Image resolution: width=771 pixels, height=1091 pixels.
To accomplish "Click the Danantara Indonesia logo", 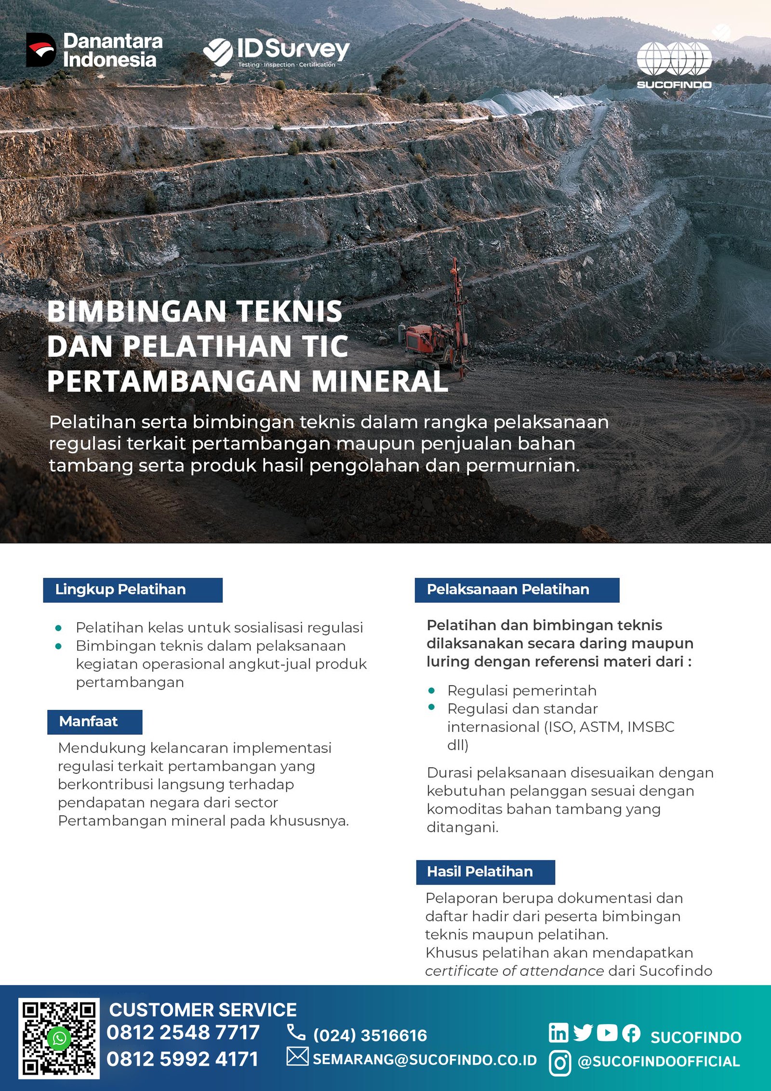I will pos(94,50).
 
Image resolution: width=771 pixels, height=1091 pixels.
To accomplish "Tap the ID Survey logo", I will pos(276,52).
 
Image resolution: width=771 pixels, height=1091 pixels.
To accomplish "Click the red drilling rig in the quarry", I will pos(436,333).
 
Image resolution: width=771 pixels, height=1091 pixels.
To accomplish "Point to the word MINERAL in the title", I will pos(380,382).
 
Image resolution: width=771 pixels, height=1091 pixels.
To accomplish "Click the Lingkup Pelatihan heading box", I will pos(133,590).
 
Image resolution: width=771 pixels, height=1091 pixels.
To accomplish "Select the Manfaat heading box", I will pos(94,721).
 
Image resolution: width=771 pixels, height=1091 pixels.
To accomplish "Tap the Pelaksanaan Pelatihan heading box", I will pos(517,590).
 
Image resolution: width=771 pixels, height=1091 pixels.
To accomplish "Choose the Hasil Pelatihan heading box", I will pos(485,872).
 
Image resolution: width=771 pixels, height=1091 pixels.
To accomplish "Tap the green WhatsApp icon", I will pos(59,1038).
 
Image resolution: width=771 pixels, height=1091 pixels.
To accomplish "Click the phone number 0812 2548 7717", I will pos(183,1033).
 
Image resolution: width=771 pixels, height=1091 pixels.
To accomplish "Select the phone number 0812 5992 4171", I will pos(182,1059).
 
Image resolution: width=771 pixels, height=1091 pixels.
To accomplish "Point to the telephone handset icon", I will pos(296,1032).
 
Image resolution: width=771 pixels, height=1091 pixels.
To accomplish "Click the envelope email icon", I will pos(297,1056).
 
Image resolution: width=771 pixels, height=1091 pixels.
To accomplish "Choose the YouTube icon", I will pos(607,1033).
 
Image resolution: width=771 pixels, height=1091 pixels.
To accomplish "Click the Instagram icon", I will pos(560,1063).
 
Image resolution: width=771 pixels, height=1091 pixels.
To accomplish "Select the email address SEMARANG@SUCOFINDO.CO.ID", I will pos(425,1060).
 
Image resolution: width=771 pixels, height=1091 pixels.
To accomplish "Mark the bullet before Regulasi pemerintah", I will pos(431,691).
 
